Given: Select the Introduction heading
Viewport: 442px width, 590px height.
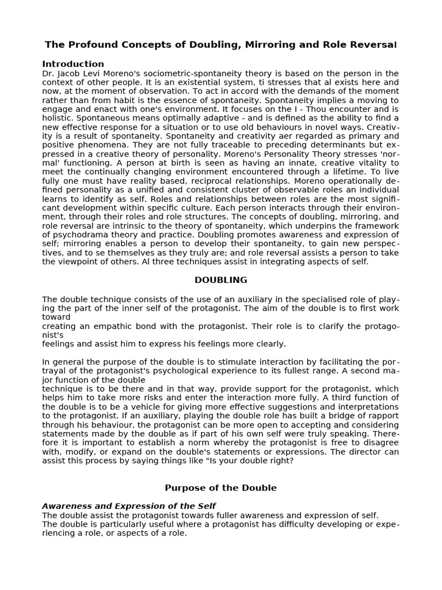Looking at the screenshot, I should (73, 64).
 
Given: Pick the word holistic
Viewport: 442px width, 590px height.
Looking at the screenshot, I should (58, 118).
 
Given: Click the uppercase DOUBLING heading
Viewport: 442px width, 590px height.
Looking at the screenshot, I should (220, 280).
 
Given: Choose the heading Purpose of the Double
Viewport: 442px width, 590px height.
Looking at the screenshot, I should (220, 487).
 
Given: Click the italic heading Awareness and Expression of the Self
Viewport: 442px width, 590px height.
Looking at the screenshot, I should (128, 506).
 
